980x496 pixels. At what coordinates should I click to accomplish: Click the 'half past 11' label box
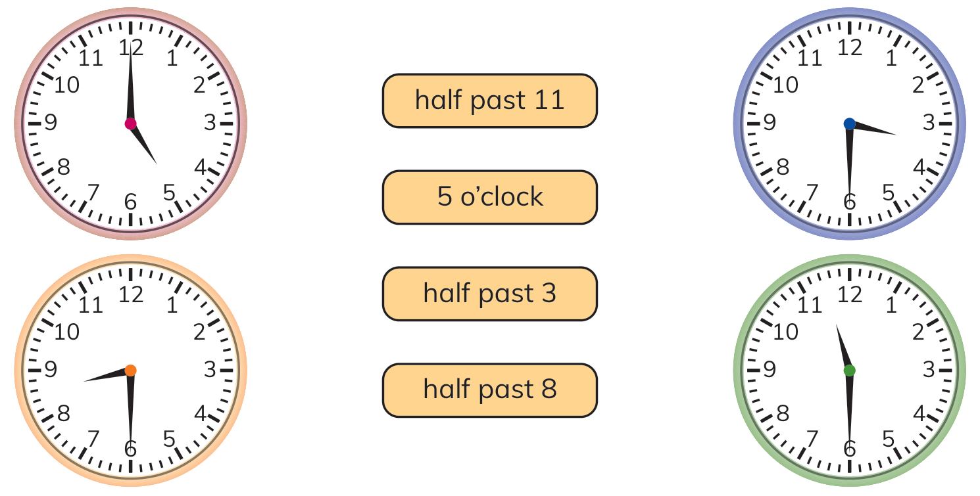pyautogui.click(x=489, y=101)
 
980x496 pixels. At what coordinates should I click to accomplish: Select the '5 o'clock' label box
pyautogui.click(x=489, y=198)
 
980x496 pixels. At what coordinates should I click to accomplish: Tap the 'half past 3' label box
pyautogui.click(x=489, y=294)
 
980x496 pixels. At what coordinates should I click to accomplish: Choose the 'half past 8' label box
pyautogui.click(x=489, y=390)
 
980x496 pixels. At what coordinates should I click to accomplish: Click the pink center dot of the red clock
pyautogui.click(x=130, y=124)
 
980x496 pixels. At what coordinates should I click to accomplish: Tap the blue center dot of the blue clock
pyautogui.click(x=849, y=124)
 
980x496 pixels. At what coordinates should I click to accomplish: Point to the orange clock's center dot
pyautogui.click(x=130, y=371)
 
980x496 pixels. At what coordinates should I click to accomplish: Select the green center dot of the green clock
pyautogui.click(x=849, y=371)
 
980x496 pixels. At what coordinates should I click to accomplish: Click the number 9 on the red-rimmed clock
pyautogui.click(x=51, y=123)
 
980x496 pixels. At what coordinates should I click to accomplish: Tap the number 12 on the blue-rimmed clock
pyautogui.click(x=850, y=48)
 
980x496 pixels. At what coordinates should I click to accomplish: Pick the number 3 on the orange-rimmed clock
pyautogui.click(x=210, y=370)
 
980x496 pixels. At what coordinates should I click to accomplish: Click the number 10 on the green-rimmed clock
pyautogui.click(x=785, y=332)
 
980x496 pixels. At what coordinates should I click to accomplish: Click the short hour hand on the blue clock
pyautogui.click(x=873, y=129)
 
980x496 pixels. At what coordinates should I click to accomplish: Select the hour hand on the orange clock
pyautogui.click(x=107, y=375)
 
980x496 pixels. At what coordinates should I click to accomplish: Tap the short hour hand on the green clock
pyautogui.click(x=843, y=348)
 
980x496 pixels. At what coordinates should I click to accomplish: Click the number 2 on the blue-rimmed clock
pyautogui.click(x=918, y=85)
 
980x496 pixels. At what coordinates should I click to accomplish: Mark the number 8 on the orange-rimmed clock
pyautogui.click(x=63, y=413)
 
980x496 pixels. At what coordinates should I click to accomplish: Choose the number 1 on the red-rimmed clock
pyautogui.click(x=172, y=58)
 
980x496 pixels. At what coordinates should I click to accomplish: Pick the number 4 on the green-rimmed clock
pyautogui.click(x=919, y=413)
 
